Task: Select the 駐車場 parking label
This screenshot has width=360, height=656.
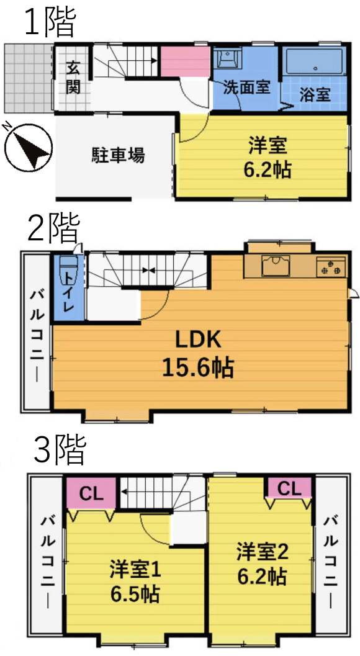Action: (119, 156)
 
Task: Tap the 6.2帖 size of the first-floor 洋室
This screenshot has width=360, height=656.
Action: (268, 170)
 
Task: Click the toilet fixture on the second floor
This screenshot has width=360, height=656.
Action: (68, 270)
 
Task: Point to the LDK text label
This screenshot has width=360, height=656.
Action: (197, 341)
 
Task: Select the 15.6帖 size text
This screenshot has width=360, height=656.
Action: (198, 367)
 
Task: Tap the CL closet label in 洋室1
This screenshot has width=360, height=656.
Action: (91, 494)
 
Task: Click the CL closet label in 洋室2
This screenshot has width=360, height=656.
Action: (289, 488)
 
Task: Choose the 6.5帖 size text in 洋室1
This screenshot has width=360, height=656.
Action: (135, 593)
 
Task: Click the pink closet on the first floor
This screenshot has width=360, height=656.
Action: (186, 62)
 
